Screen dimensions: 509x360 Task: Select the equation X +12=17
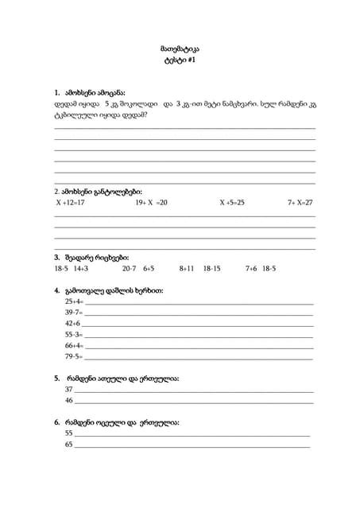coord(70,203)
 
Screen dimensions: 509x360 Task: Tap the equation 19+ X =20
coord(151,203)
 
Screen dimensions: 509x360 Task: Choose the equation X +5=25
coord(232,203)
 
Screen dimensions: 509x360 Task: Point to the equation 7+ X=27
coord(300,203)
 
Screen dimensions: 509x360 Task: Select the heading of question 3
coord(91,257)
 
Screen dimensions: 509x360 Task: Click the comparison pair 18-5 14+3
coord(71,269)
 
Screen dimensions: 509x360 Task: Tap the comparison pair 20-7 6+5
coord(138,269)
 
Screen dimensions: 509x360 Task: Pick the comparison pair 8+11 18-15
coord(199,269)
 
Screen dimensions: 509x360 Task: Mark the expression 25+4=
coord(74,302)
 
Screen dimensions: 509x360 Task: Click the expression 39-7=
coord(74,313)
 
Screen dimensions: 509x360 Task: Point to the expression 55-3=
coord(74,335)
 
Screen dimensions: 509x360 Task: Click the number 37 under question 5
coord(68,390)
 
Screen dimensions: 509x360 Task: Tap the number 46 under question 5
coord(68,401)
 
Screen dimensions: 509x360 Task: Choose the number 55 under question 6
coord(68,433)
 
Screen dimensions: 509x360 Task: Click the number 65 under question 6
coord(68,445)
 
